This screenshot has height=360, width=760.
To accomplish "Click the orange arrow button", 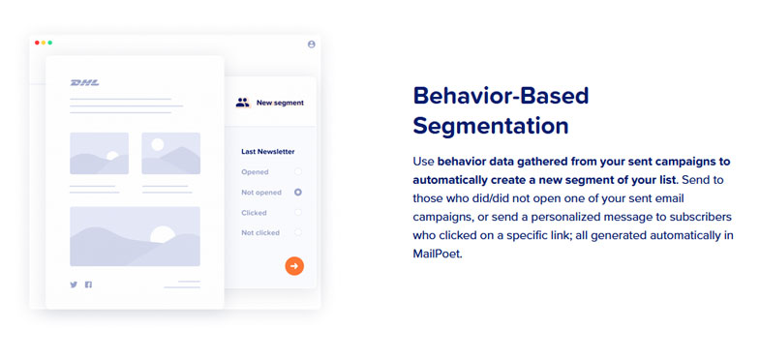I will click(x=294, y=265).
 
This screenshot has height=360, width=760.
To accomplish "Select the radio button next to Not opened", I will click(x=298, y=193).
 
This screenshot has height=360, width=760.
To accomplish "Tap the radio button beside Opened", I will click(x=298, y=171).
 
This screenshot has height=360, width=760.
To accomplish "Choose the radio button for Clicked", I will click(x=298, y=212).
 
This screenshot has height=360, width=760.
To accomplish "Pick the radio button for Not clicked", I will click(x=298, y=232).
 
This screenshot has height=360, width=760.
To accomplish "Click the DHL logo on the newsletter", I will click(x=84, y=83).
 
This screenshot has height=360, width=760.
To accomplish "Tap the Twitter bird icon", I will click(x=74, y=285).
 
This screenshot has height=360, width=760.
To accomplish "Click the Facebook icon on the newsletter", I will click(x=88, y=285).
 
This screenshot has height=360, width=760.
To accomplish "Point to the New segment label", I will click(x=280, y=102).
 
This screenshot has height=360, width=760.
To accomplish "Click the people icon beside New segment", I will click(x=242, y=102).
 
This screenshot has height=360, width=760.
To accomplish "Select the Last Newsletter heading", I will click(x=267, y=151).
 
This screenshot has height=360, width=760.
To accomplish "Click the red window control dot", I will click(x=37, y=43).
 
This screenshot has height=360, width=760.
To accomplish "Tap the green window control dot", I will click(x=50, y=43).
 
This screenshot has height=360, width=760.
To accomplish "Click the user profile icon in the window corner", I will click(x=311, y=44).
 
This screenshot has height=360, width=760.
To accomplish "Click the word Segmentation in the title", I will click(x=490, y=126).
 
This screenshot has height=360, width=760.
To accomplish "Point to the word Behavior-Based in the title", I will click(x=501, y=96).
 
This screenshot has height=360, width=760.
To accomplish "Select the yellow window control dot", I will click(x=44, y=43).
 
